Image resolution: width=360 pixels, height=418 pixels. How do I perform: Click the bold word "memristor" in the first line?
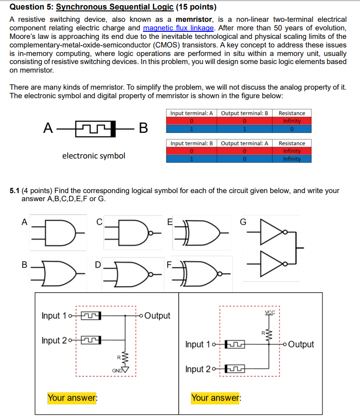(194, 19)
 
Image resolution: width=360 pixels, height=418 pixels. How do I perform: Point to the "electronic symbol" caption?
(94, 156)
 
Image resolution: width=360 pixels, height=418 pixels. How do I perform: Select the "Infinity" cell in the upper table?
(292, 121)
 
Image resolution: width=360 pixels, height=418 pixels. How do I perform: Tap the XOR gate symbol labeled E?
(203, 233)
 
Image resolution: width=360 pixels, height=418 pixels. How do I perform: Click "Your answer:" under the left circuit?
(72, 398)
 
